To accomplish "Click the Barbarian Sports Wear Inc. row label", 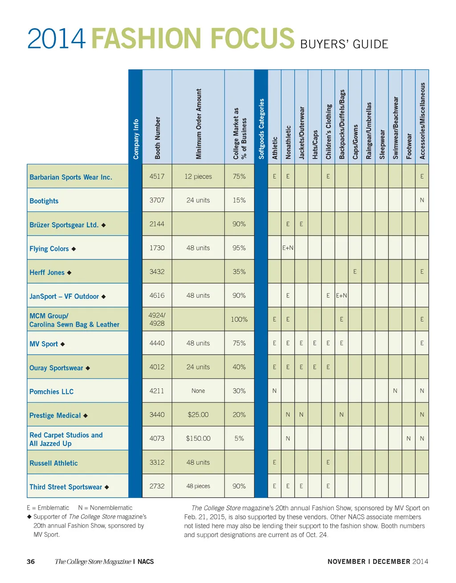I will coord(71,177).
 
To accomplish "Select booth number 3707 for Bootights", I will coord(157,200).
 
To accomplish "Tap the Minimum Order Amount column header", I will coord(199,124).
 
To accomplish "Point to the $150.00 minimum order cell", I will coord(198,438).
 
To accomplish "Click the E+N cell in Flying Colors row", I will coord(288,248).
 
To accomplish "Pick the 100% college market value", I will coord(239,319).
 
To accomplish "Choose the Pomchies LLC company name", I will coord(51,392).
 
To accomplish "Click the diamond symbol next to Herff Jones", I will coord(69,272).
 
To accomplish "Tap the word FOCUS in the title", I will coord(252,39).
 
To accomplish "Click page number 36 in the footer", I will coord(31,562).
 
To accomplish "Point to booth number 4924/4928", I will coord(157,319).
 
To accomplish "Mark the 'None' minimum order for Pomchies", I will coord(198,391).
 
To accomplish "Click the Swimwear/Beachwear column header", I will coord(395,128).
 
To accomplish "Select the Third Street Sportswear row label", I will coord(66,487).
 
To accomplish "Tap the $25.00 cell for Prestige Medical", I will coord(198,415).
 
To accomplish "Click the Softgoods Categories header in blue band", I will coord(261,129).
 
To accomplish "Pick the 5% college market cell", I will coord(239,438).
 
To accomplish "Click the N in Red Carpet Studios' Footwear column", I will coord(408,438).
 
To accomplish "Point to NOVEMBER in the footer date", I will coord(346,562).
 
